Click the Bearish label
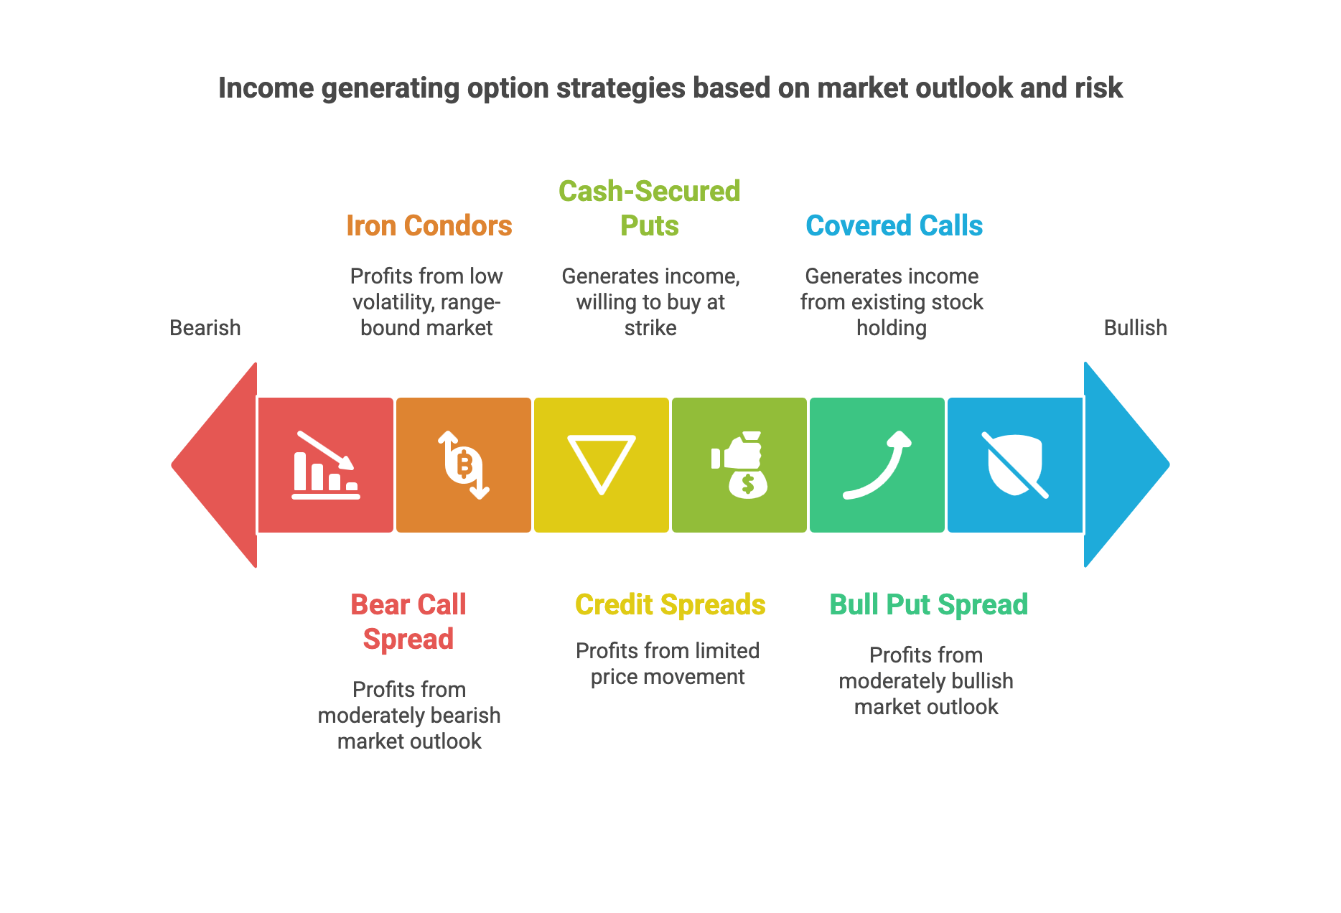(x=205, y=328)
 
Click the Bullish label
(x=1135, y=328)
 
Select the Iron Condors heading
(x=429, y=225)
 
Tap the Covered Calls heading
(x=894, y=225)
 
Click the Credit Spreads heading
(x=670, y=604)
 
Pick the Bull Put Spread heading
(x=928, y=604)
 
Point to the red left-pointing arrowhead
(x=214, y=464)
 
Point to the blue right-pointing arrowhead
(x=1127, y=464)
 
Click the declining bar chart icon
(x=326, y=465)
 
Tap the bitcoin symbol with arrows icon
(x=464, y=465)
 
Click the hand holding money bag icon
(x=739, y=465)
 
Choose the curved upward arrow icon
(x=877, y=465)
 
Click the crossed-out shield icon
(x=1015, y=465)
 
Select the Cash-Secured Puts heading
(x=650, y=208)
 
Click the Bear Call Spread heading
(x=408, y=622)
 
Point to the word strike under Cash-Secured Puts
(x=650, y=328)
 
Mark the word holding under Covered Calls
(x=892, y=328)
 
